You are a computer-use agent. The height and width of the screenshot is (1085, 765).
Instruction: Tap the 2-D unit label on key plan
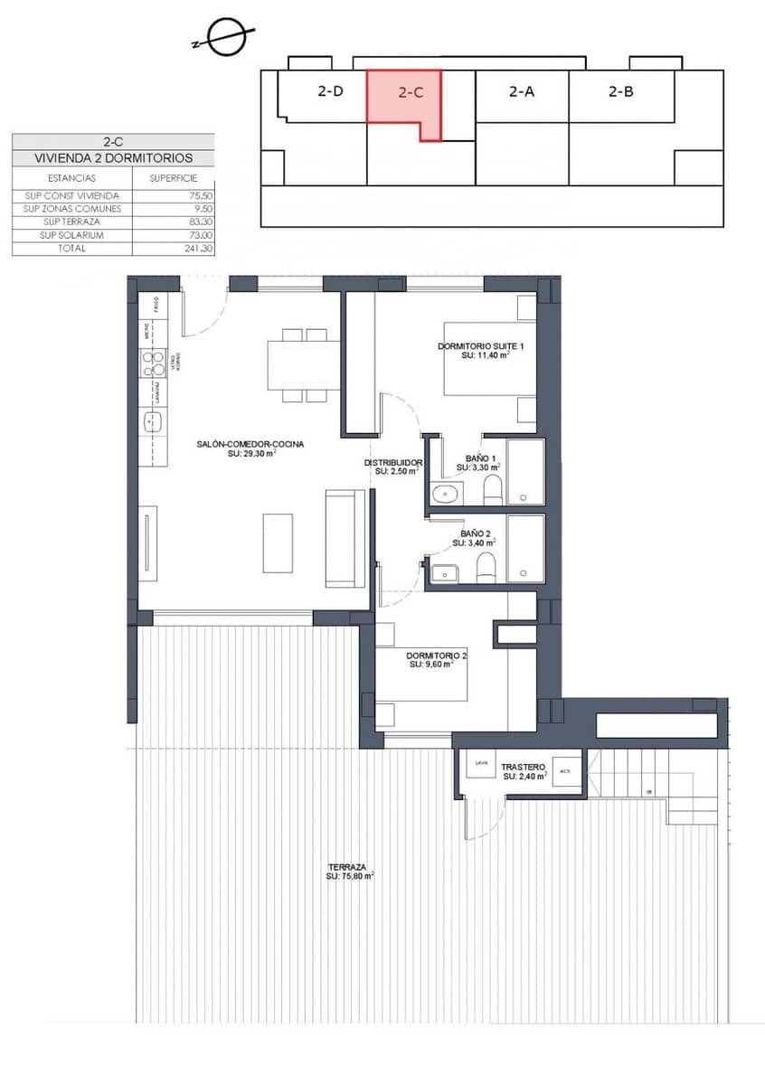point(330,91)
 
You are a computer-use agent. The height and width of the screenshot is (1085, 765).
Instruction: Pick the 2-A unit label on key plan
point(522,91)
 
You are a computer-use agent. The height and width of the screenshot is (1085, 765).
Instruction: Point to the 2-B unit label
point(620,91)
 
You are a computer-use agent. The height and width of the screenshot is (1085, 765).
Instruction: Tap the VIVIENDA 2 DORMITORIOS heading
point(113,158)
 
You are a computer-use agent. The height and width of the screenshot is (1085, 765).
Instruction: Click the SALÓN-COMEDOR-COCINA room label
point(250,444)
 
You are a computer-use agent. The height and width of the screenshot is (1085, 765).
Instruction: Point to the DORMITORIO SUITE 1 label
point(480,347)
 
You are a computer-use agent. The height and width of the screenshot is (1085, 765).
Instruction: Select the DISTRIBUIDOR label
point(393,463)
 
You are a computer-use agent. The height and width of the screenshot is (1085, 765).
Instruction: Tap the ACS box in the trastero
point(565,771)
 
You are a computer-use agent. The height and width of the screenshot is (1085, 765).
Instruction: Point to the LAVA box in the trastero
point(480,764)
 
